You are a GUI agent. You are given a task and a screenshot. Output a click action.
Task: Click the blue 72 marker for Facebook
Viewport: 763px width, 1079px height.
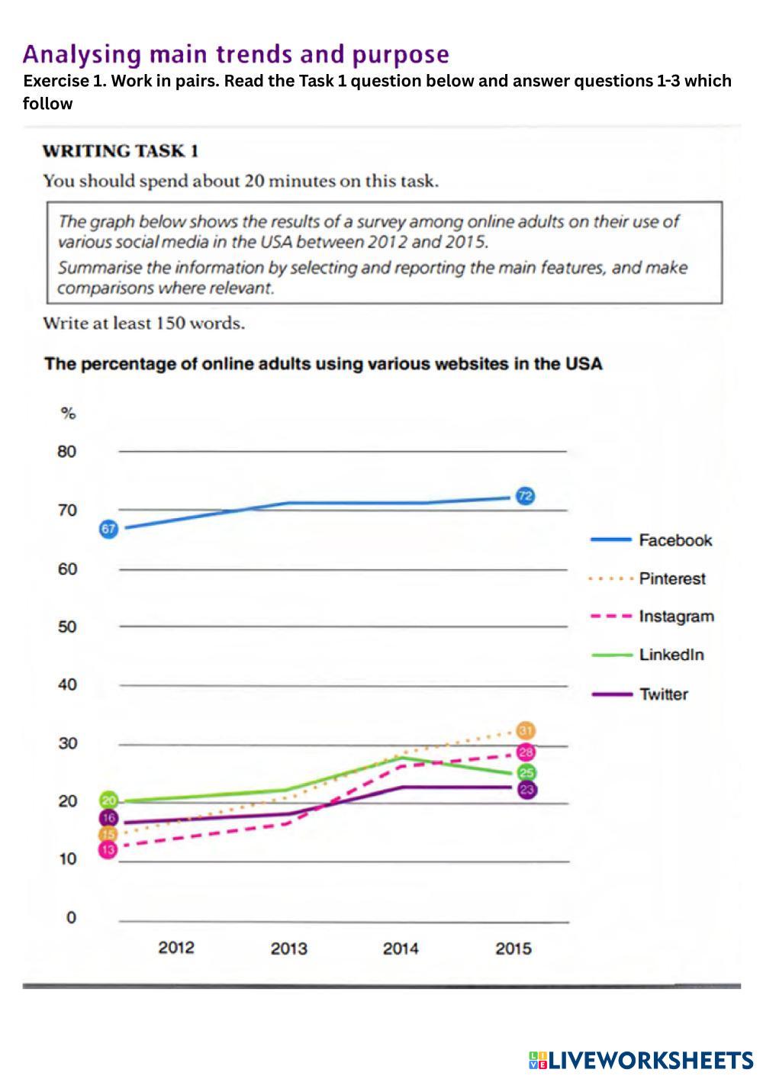click(525, 496)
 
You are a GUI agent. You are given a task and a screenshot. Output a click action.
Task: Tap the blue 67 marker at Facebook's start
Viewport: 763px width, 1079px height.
click(109, 528)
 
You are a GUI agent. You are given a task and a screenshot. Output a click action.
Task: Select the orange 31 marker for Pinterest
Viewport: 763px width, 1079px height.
click(526, 731)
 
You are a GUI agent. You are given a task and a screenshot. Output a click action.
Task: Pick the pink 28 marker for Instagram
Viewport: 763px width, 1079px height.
click(526, 752)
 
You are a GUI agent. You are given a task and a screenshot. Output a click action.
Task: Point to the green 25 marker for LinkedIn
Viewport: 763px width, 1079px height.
click(526, 773)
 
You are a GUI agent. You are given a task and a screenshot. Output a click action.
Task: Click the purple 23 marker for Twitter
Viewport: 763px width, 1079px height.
click(526, 790)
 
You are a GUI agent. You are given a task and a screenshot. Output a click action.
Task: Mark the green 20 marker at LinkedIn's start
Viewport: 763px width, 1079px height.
click(109, 801)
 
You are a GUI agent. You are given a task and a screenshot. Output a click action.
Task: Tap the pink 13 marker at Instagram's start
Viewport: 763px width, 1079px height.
click(108, 849)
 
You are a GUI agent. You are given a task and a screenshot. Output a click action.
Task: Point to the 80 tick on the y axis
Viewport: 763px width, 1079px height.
click(67, 452)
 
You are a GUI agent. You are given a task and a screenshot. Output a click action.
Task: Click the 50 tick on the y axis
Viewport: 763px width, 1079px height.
click(67, 626)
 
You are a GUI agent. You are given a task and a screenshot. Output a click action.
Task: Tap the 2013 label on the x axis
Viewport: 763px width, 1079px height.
click(288, 949)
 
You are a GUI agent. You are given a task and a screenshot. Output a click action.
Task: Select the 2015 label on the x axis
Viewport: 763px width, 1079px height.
click(513, 949)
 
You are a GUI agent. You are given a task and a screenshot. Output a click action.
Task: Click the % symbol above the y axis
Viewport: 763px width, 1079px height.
click(68, 414)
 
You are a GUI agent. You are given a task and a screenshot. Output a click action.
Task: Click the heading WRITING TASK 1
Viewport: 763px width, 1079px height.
click(121, 151)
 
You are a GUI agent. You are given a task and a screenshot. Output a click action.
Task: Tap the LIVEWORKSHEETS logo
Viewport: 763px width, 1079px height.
click(640, 1059)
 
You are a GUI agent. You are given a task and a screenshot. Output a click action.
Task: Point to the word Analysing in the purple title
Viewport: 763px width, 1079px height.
click(82, 55)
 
